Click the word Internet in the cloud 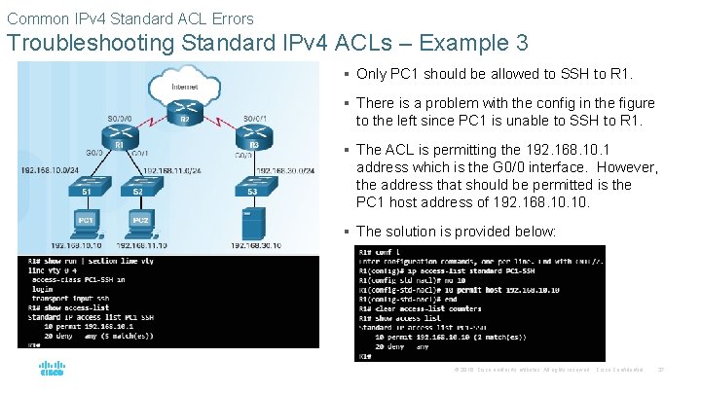pyautogui.click(x=185, y=88)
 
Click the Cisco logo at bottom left pyautogui.click(x=52, y=369)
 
